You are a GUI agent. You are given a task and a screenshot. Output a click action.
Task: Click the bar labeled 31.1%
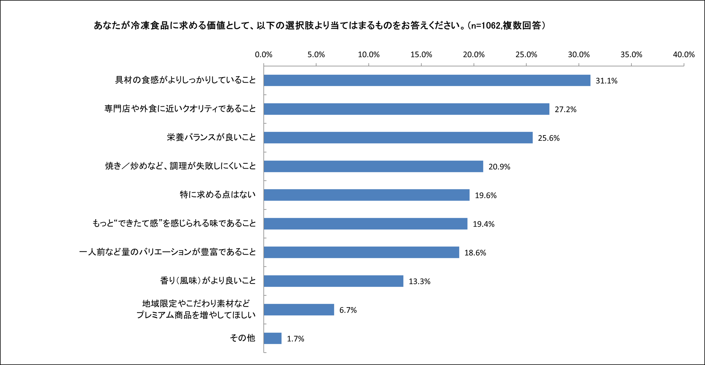click(427, 80)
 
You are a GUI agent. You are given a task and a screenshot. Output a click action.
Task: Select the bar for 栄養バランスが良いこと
click(398, 138)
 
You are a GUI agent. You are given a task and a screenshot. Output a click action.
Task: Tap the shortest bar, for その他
click(273, 339)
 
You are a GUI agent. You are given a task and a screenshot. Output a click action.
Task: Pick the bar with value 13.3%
click(333, 281)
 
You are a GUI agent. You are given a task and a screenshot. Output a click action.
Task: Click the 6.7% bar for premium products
click(299, 310)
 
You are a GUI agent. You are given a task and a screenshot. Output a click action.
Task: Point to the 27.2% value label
click(565, 109)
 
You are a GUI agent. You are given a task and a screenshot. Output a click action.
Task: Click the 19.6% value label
click(485, 195)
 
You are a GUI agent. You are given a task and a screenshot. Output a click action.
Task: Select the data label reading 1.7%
click(295, 339)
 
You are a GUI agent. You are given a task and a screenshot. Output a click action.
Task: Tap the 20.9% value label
click(499, 167)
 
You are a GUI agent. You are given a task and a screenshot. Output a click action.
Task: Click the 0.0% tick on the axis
click(264, 55)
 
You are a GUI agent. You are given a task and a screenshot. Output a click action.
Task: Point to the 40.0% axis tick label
click(684, 55)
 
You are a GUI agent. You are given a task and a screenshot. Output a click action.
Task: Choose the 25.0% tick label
click(526, 55)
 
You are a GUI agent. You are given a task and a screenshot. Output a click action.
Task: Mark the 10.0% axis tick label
click(369, 55)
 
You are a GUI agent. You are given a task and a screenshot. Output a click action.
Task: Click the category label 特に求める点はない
click(218, 195)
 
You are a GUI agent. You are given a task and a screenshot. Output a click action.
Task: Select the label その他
click(242, 338)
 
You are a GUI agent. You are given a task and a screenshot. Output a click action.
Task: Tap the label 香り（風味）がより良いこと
click(208, 281)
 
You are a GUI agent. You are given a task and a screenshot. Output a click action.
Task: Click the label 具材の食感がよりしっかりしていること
click(185, 80)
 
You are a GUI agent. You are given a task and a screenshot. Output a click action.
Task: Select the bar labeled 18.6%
click(361, 253)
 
